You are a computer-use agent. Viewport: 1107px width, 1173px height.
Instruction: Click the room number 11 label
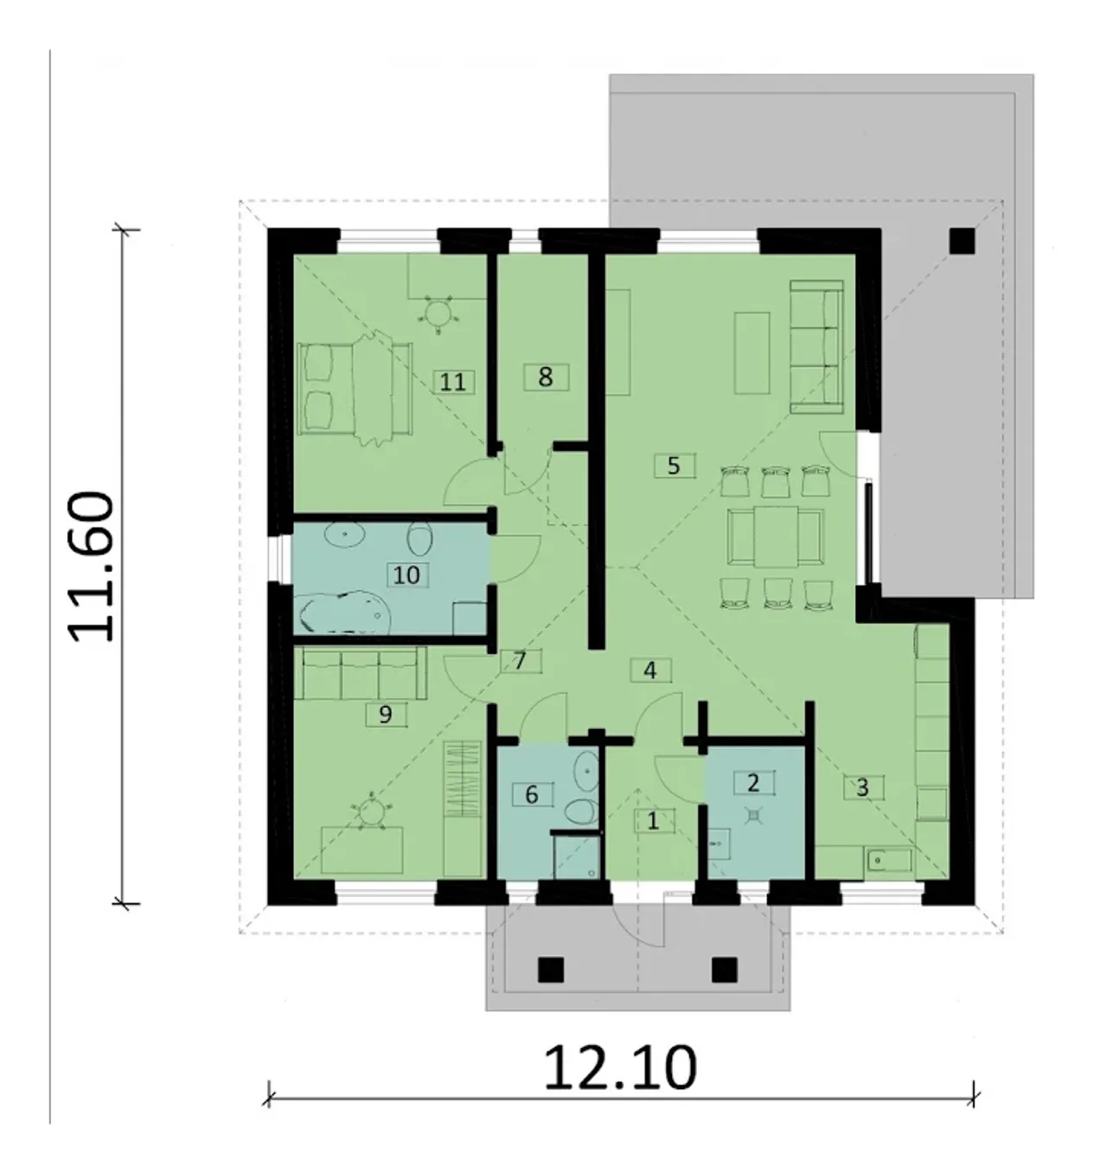pos(453,382)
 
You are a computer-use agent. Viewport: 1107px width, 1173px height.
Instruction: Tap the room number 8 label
pos(546,377)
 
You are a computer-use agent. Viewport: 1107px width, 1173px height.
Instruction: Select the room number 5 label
pos(674,466)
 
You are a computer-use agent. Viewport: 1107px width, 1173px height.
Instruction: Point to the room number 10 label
pos(407,574)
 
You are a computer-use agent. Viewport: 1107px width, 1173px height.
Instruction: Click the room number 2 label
pos(753,783)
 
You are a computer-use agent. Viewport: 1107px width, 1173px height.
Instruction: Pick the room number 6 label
pos(532,794)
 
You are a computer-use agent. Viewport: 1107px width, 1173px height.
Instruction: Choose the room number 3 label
pos(863,787)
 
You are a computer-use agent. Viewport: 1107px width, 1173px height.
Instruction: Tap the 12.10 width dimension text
pos(620,1068)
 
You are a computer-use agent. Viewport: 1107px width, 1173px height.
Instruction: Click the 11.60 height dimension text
pos(92,566)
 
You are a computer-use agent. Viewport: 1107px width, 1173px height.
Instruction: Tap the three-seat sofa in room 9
pos(360,673)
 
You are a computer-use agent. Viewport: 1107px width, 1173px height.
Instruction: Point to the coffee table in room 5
pos(752,353)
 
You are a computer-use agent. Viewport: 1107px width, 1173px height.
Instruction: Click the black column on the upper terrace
pos(963,241)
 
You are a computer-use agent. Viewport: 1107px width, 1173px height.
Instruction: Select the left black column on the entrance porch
pos(551,969)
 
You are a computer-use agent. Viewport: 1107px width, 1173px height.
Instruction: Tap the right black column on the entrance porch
pos(724,969)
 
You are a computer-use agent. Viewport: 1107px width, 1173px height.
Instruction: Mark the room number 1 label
pos(653,821)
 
